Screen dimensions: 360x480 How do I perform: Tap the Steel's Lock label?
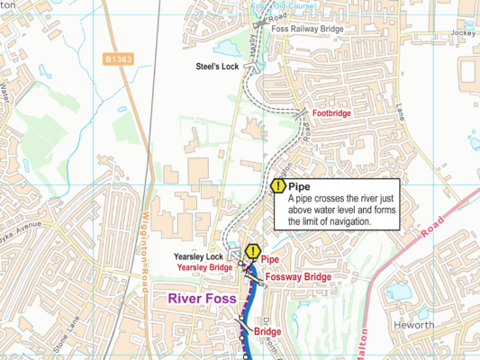point(219,66)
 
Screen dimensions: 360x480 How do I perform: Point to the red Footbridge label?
point(331,114)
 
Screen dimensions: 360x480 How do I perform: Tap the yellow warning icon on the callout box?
point(277,186)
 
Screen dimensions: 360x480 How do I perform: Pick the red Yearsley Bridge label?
point(204,267)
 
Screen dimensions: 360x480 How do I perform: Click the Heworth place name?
point(417,324)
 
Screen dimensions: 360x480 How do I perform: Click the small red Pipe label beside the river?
point(270,259)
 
